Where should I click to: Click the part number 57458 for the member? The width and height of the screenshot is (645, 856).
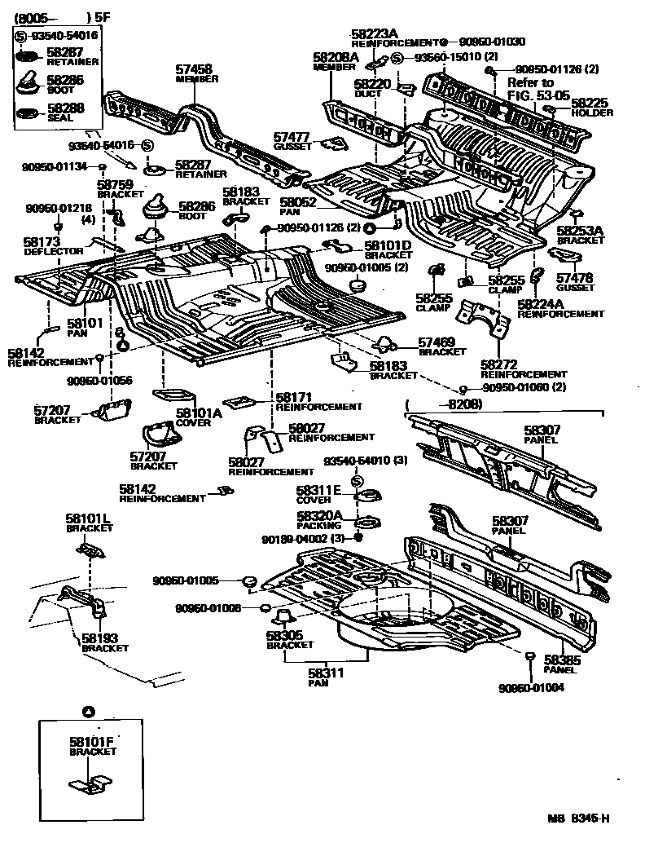194,70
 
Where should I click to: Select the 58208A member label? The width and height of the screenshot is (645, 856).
336,58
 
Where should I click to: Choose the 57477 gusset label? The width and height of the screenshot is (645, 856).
292,138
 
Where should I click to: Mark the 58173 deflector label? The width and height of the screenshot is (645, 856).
42,243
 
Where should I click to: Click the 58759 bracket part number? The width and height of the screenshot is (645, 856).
115,185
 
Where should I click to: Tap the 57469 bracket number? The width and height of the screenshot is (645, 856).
437,342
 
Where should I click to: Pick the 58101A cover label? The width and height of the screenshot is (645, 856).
199,413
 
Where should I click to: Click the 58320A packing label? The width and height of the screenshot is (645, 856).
318,517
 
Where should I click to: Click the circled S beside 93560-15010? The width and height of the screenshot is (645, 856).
397,57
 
